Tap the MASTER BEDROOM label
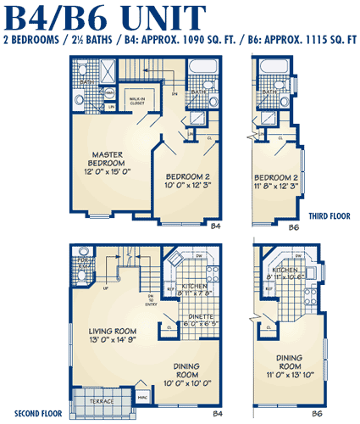click(108, 159)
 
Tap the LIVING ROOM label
click(114, 332)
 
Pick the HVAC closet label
click(142, 395)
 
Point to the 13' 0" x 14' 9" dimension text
click(114, 341)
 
